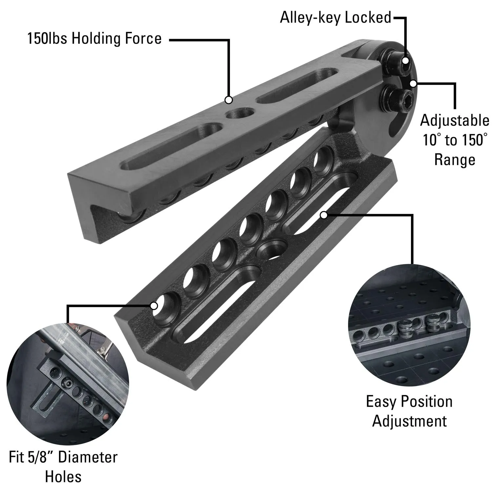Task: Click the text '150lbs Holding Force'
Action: [x=94, y=39]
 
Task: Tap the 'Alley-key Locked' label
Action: [x=336, y=17]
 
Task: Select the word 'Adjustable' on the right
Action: [x=455, y=120]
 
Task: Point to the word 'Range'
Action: [x=455, y=160]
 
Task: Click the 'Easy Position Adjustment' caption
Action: [x=409, y=411]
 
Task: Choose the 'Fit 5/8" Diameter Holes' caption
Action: [x=63, y=466]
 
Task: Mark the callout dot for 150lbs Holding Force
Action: [x=229, y=100]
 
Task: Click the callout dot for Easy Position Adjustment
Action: [x=324, y=215]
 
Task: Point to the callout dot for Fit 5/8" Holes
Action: [x=154, y=306]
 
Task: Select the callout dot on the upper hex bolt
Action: [x=406, y=61]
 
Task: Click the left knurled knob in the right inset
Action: [x=406, y=330]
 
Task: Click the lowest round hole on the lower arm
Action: [x=165, y=304]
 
